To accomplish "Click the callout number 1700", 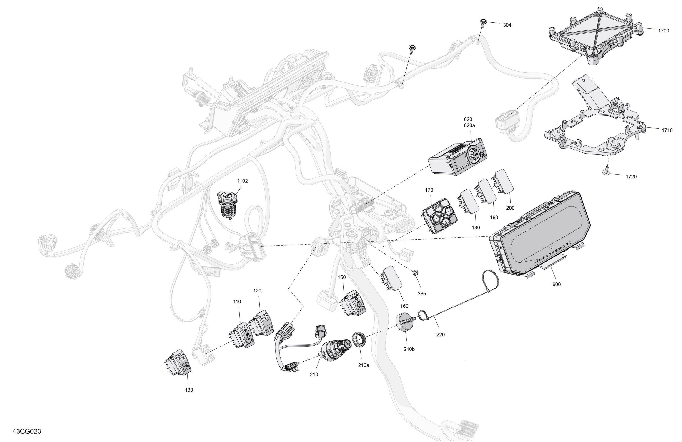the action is click(x=663, y=31).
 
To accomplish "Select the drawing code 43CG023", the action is click(x=27, y=431).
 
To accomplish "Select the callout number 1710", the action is click(x=667, y=130).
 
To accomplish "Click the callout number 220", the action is click(x=440, y=334).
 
